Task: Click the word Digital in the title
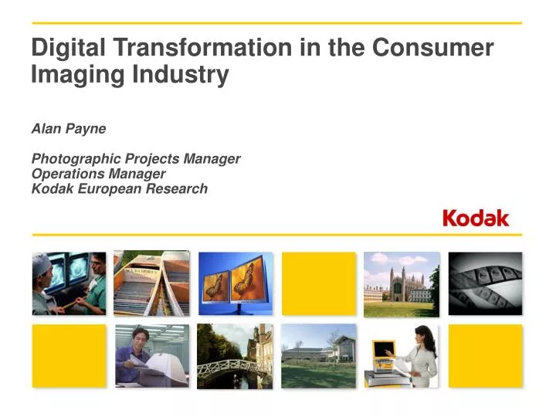coord(68,49)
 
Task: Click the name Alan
coord(46,129)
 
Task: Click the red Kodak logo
coord(476,219)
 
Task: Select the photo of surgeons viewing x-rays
coord(69,283)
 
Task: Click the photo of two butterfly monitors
coord(236,283)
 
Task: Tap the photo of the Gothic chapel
coord(402,283)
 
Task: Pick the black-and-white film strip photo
coord(485,283)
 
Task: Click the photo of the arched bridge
coord(236,355)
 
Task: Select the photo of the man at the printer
coord(152,355)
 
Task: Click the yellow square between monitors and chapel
coord(319,283)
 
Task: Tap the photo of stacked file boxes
coord(152,283)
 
